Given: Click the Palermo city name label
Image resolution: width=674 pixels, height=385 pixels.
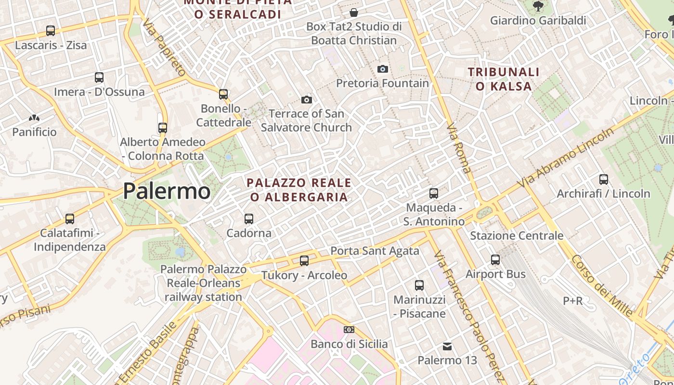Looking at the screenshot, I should tap(167, 191).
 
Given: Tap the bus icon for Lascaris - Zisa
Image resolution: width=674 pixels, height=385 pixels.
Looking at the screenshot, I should tap(51, 31).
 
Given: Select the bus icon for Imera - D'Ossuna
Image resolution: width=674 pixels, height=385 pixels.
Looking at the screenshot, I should tap(99, 77).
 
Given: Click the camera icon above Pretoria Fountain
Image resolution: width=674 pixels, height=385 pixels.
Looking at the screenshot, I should tap(383, 69).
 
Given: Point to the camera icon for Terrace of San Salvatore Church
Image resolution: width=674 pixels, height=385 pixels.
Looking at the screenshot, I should tap(306, 100).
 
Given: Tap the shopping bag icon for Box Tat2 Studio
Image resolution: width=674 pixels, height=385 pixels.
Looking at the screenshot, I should tap(354, 12).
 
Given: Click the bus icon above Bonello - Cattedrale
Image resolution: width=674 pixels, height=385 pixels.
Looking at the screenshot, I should tap(223, 94).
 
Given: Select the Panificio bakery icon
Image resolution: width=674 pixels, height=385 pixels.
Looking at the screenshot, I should tap(34, 117).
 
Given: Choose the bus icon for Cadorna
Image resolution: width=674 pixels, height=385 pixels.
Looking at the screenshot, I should tap(249, 218).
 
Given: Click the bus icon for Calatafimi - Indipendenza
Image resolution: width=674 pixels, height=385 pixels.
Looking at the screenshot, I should tap(70, 219).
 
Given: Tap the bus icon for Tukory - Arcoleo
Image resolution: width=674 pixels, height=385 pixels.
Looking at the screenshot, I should tap(304, 261).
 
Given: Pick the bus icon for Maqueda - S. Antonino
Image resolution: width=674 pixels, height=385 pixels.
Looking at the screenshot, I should tap(434, 193).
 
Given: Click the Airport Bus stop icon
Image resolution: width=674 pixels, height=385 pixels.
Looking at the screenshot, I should tap(495, 260).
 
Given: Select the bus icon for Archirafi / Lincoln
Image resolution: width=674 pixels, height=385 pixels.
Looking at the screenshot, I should tap(604, 180).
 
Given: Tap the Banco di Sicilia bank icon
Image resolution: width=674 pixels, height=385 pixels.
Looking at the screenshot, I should tap(349, 330).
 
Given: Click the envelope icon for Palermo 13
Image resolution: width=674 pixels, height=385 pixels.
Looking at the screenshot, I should tap(447, 346).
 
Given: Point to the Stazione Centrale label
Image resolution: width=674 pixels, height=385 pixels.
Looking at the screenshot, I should tap(517, 235).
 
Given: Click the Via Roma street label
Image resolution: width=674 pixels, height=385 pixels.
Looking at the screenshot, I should tap(459, 149).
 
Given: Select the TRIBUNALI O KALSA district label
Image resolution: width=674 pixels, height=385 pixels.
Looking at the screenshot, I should tap(504, 79).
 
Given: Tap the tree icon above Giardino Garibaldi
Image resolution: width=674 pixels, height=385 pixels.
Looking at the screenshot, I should tap(538, 6).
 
